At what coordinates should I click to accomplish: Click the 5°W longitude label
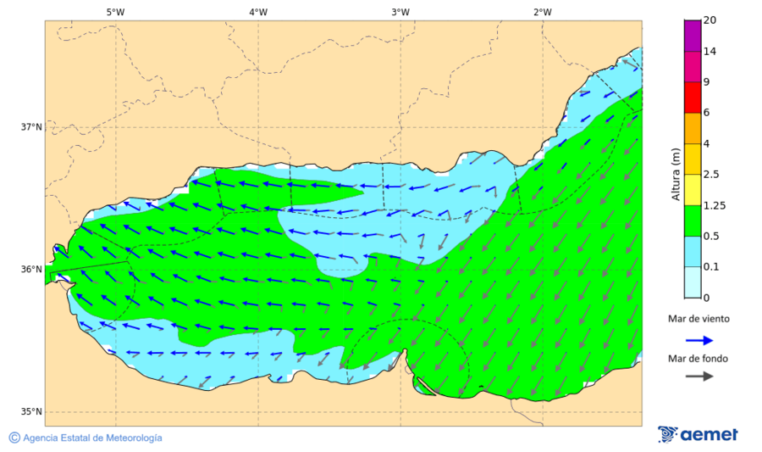point(115,12)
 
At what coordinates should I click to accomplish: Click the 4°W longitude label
point(258,12)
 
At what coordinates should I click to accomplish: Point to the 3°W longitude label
point(400,12)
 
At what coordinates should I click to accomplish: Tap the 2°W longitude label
point(543,12)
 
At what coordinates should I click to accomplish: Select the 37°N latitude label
point(31,127)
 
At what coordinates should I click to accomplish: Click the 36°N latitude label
point(31,270)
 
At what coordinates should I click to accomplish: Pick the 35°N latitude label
point(31,412)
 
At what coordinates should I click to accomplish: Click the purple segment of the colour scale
point(693,36)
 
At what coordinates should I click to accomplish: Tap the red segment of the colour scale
point(693,97)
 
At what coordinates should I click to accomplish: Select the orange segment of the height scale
point(693,128)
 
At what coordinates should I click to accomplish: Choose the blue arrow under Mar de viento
point(698,338)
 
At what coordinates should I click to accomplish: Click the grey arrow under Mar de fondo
point(698,377)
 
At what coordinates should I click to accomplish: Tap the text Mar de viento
point(698,319)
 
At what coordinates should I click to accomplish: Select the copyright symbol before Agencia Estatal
point(14,438)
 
